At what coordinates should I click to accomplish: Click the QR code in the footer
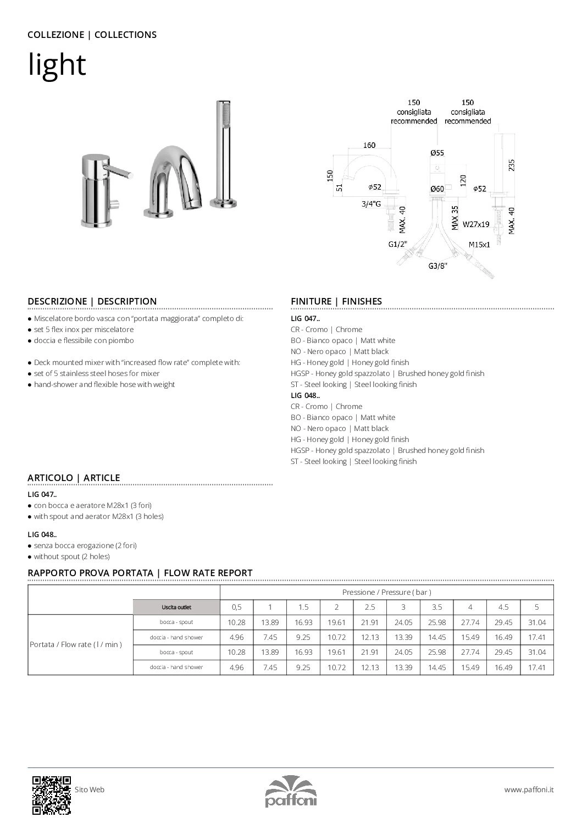click(x=52, y=794)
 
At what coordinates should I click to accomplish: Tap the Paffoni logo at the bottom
click(x=291, y=791)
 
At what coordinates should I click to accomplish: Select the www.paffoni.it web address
click(x=529, y=789)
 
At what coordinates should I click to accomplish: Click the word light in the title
click(x=57, y=65)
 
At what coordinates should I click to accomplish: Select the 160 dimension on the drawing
click(x=369, y=145)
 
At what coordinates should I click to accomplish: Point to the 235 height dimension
click(x=512, y=165)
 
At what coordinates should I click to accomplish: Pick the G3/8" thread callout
click(x=437, y=266)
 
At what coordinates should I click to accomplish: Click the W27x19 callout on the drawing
click(x=475, y=224)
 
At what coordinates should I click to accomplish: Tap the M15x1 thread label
click(x=479, y=244)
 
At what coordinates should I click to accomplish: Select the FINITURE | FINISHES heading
click(x=336, y=301)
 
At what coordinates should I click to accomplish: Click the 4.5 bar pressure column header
click(x=503, y=607)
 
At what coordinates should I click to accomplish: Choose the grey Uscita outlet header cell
click(x=176, y=607)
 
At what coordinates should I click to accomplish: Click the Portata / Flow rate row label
click(x=76, y=644)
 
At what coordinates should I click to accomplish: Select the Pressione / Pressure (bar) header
click(x=386, y=592)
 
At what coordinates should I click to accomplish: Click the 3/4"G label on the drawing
click(x=371, y=204)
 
